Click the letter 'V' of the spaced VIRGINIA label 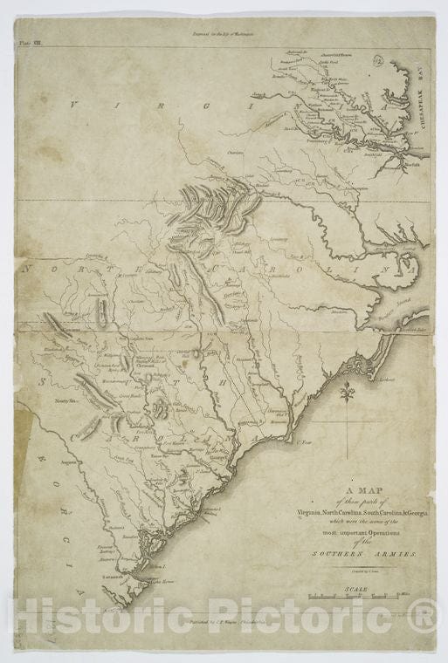pos(74,104)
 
